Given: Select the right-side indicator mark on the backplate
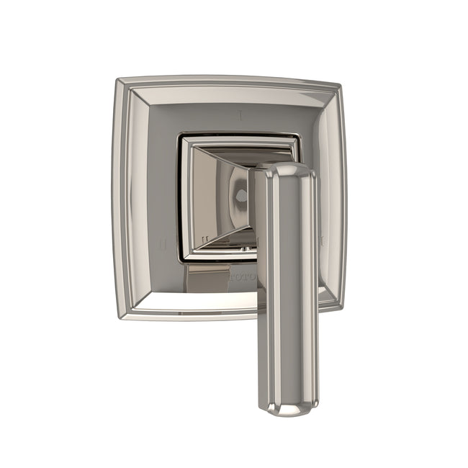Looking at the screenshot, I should point(322,238).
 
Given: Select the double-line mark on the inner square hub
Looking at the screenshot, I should point(204,238).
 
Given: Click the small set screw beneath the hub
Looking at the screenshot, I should point(244,249).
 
